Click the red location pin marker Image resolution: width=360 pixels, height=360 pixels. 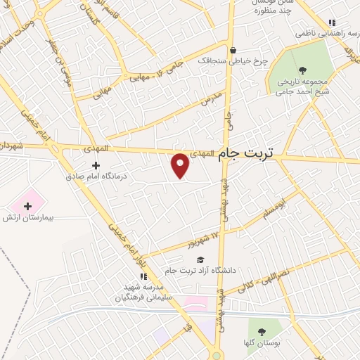[x=181, y=165]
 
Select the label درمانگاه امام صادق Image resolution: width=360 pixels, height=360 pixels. [x=96, y=177]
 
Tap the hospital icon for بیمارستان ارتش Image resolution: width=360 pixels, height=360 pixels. [x=28, y=206]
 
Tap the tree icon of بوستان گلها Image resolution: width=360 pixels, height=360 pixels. [x=262, y=331]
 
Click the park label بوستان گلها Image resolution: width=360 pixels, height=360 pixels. [x=264, y=343]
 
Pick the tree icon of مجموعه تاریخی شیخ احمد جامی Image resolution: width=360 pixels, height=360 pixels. [x=303, y=69]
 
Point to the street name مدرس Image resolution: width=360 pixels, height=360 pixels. [x=211, y=98]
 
